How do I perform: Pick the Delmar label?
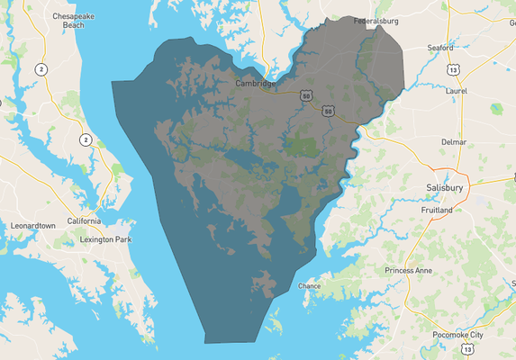tap(453, 142)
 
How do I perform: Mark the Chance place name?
tap(309, 286)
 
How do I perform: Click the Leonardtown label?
tap(33, 225)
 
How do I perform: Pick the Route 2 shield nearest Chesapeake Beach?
tap(41, 68)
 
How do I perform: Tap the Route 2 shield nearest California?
tap(86, 139)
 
